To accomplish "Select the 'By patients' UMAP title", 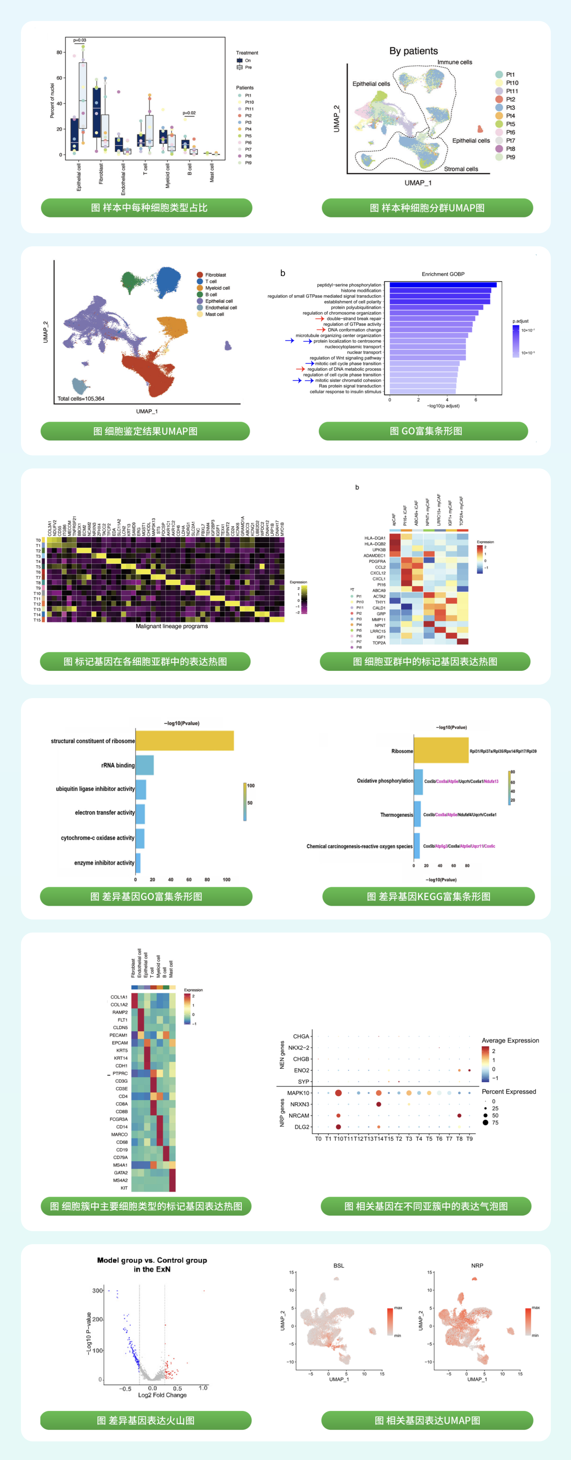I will click(413, 51).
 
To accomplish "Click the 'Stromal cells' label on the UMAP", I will click(461, 169).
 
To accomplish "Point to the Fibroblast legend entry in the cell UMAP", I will click(215, 275).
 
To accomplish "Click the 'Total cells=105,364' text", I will click(81, 398).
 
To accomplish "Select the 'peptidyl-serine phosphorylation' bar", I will click(442, 285).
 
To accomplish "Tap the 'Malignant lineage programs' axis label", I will click(172, 626).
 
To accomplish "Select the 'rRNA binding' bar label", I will click(118, 765).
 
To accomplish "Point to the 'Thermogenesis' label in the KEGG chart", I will click(396, 815).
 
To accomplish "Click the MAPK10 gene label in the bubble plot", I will click(298, 1093).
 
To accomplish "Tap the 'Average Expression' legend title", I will click(510, 1041).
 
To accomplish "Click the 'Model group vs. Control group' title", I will click(152, 1260).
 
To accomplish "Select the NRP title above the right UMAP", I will click(477, 1266).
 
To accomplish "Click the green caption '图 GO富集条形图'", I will click(425, 431).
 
